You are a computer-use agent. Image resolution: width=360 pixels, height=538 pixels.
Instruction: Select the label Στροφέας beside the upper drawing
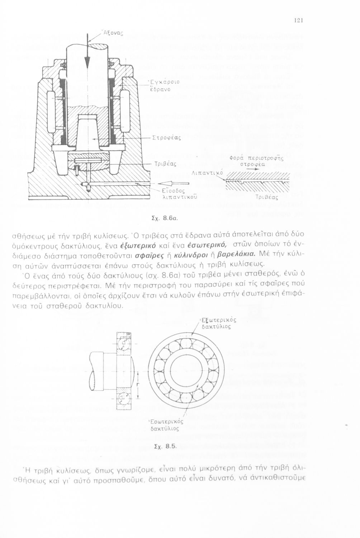tap(166, 137)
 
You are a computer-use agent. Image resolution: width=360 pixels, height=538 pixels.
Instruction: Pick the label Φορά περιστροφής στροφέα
tap(256, 161)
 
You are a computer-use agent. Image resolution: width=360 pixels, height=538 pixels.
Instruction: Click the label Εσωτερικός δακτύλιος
tap(165, 425)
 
